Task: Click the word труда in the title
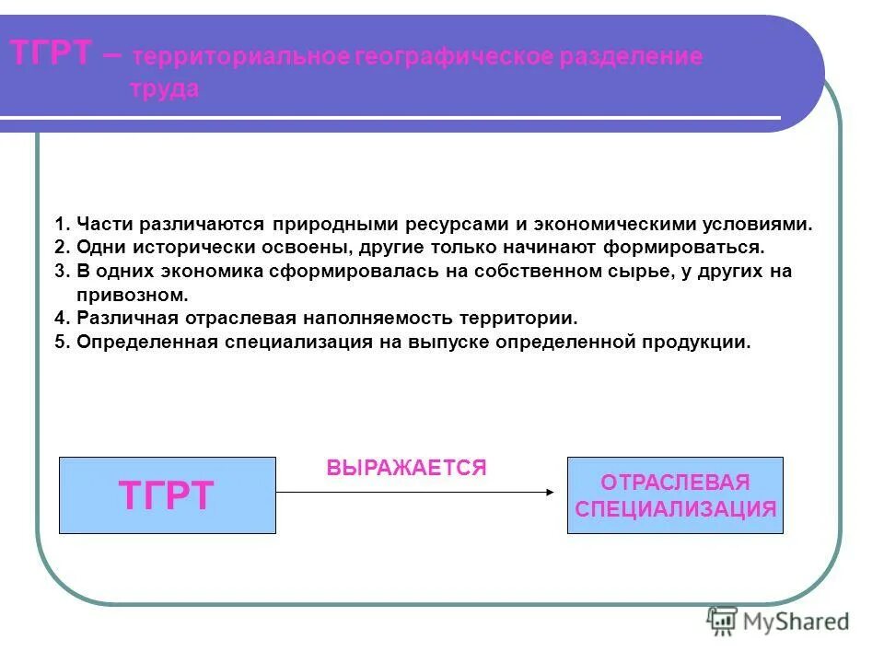pyautogui.click(x=163, y=89)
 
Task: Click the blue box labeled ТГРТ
pyautogui.click(x=167, y=495)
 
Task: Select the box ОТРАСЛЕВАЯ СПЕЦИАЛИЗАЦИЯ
pyautogui.click(x=675, y=495)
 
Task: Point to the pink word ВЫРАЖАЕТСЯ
pyautogui.click(x=405, y=468)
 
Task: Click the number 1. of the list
pyautogui.click(x=62, y=225)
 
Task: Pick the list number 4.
pyautogui.click(x=62, y=320)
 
